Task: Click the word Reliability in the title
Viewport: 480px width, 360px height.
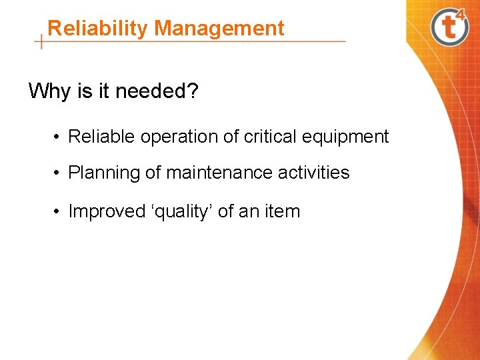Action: coord(98,29)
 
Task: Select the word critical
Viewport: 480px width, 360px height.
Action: coord(271,137)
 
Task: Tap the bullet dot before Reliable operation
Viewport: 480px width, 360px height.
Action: coord(59,137)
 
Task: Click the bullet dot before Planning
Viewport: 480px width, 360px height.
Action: coord(59,173)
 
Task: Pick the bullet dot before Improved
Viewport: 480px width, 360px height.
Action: coord(59,212)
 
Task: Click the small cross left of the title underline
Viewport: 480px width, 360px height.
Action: coord(42,41)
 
